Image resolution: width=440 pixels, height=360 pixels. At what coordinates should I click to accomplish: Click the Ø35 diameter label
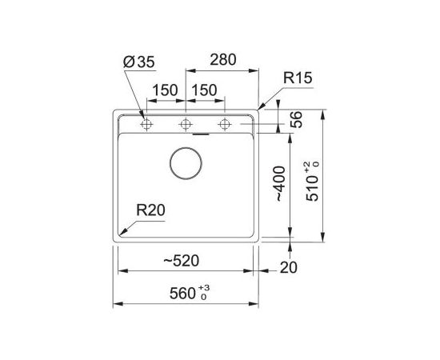(x=139, y=62)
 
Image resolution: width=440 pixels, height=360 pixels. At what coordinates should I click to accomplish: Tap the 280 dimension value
(x=223, y=59)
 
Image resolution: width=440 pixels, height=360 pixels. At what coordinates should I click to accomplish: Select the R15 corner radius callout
(x=298, y=78)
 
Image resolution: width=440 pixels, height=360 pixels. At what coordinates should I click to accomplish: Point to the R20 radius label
(x=150, y=210)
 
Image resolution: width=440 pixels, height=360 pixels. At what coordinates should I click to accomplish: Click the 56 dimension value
(x=296, y=120)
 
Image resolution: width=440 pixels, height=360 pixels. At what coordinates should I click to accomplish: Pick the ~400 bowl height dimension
(x=281, y=184)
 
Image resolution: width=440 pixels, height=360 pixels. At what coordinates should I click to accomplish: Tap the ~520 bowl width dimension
(x=182, y=261)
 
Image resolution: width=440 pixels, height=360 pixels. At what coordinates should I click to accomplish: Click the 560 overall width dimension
(x=190, y=294)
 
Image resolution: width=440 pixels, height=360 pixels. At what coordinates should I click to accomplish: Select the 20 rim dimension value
(x=288, y=268)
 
